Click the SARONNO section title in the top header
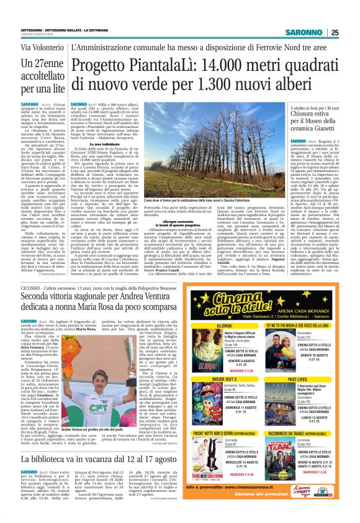(304, 33)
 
